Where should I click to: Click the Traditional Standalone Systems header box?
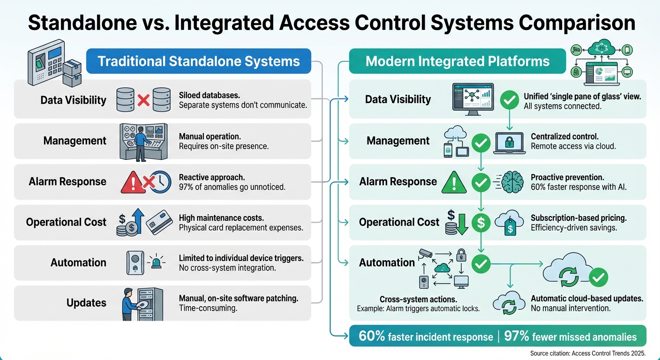(199, 61)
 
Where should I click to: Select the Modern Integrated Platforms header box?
(457, 61)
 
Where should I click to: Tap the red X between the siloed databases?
(143, 99)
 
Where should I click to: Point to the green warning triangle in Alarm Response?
(454, 182)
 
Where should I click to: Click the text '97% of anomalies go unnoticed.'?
(232, 187)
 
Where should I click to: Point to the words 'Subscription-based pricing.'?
(578, 218)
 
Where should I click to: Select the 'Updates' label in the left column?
(86, 303)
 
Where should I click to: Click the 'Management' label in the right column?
(398, 141)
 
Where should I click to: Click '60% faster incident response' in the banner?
(426, 337)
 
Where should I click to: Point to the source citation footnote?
(588, 353)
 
